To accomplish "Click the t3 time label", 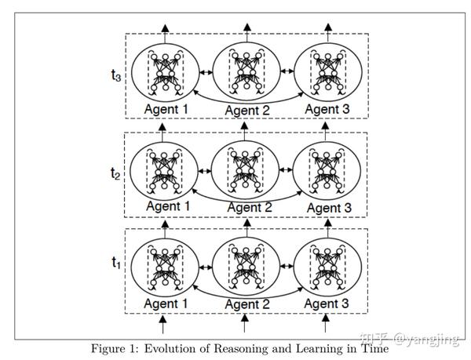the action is (x=116, y=75).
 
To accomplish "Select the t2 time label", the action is (x=115, y=173).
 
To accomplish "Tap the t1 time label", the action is (x=116, y=262).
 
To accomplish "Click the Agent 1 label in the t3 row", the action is (x=166, y=109).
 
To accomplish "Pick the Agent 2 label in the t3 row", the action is (x=247, y=111).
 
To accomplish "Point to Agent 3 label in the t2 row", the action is (x=329, y=208).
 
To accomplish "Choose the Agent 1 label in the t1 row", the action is (x=166, y=304).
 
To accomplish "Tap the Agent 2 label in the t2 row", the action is (x=250, y=208).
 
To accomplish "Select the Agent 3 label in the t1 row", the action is (x=327, y=304).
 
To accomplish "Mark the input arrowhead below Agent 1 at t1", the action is (x=162, y=318).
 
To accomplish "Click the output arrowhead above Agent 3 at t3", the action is (x=328, y=27).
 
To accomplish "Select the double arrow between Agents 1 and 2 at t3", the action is (x=206, y=72).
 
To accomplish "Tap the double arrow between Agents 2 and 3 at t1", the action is (x=287, y=266).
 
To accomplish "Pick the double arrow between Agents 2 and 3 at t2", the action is (x=286, y=169).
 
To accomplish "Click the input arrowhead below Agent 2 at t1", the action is (x=245, y=318).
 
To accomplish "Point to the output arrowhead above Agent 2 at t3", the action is (x=247, y=27).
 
